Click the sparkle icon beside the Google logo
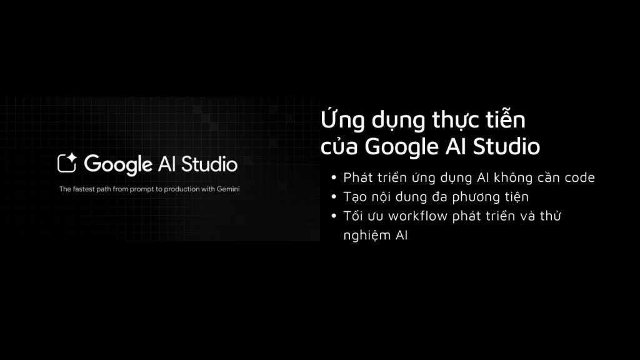67,163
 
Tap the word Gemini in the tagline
229,188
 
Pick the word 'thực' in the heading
447,121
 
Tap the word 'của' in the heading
339,147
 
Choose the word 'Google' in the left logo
118,165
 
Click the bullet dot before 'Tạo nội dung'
336,197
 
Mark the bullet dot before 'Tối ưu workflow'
336,216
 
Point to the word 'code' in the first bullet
580,177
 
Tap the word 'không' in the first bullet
499,177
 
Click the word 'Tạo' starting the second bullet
354,197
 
